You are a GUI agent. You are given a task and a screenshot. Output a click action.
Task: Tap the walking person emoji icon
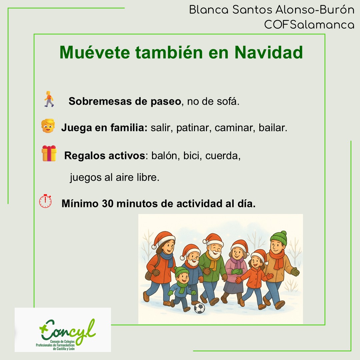pyautogui.click(x=49, y=99)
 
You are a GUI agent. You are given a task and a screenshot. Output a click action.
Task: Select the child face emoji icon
pyautogui.click(x=48, y=126)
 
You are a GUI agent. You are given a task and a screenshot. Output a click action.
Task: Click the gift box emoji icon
pyautogui.click(x=49, y=153)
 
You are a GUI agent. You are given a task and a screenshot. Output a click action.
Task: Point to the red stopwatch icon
pyautogui.click(x=46, y=201)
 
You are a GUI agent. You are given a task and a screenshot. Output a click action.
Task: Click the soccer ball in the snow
pyautogui.click(x=199, y=308)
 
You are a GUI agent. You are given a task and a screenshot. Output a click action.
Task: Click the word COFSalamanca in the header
pyautogui.click(x=309, y=24)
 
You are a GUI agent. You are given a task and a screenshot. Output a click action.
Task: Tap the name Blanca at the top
pyautogui.click(x=208, y=10)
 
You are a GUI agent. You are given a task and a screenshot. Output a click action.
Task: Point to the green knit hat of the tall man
pyautogui.click(x=278, y=237)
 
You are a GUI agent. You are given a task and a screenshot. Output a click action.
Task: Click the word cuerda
pyautogui.click(x=222, y=156)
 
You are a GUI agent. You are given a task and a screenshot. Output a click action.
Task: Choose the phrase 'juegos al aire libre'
pyautogui.click(x=114, y=178)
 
